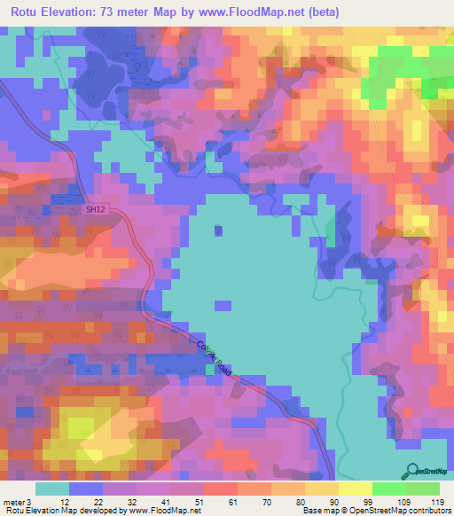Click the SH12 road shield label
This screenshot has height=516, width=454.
coord(95,210)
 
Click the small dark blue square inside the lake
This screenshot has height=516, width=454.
coord(218,231)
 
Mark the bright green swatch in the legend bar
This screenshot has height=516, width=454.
coord(388,489)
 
